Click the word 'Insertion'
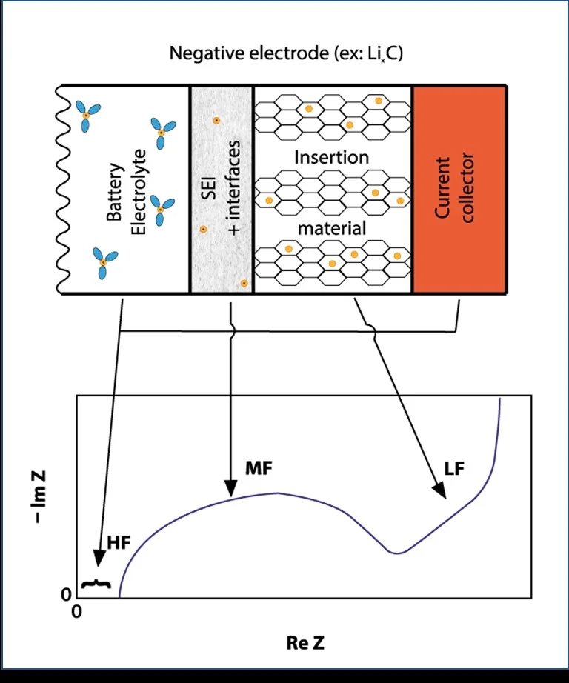click(x=331, y=158)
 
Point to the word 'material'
click(x=331, y=228)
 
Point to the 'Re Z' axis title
click(x=305, y=642)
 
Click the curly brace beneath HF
click(x=96, y=584)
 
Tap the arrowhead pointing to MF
click(x=231, y=489)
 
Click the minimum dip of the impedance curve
click(x=399, y=553)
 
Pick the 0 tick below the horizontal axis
click(x=76, y=611)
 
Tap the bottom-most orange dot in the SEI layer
click(x=243, y=283)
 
